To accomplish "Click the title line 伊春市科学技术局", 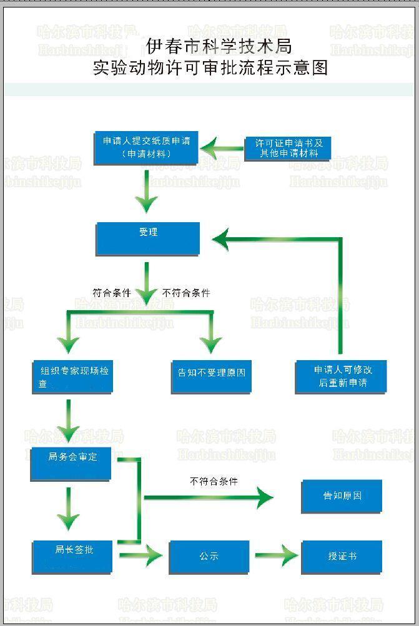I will [219, 46].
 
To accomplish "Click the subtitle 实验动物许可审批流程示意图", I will [210, 67].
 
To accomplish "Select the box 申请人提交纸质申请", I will [146, 147].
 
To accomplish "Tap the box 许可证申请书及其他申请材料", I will [288, 148].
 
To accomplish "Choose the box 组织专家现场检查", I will [72, 376].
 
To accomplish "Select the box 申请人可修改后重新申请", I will [341, 376].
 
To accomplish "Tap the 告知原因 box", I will [342, 496].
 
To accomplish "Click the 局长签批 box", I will [72, 556].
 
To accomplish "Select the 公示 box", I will [209, 556].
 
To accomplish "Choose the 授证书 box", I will [342, 556].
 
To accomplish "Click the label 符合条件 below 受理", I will [112, 292].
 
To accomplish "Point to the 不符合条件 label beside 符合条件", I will [186, 292].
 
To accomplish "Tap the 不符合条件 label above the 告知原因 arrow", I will [214, 481].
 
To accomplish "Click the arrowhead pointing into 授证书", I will [288, 555].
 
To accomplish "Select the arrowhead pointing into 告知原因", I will [264, 497].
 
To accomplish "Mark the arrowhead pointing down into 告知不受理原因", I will [211, 344].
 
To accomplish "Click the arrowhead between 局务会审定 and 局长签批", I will [68, 521].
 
